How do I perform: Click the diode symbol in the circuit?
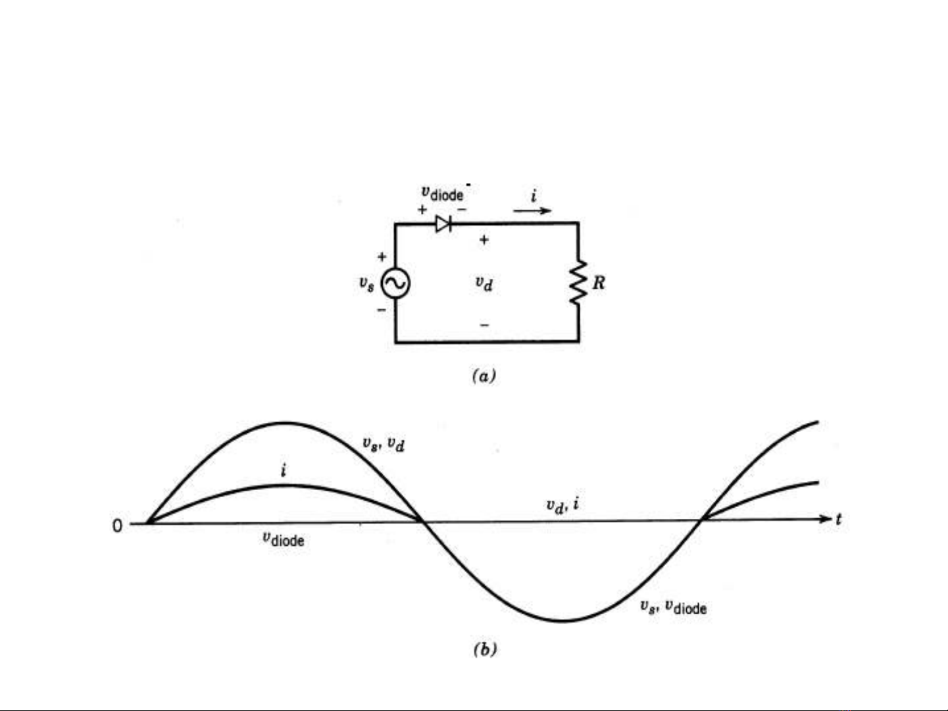click(x=443, y=224)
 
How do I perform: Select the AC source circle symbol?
click(x=395, y=283)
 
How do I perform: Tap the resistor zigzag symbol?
click(x=578, y=282)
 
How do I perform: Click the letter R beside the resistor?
click(x=599, y=283)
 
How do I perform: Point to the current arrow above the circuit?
click(x=532, y=210)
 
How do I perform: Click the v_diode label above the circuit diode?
click(x=443, y=193)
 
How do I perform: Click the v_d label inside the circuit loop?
click(x=484, y=283)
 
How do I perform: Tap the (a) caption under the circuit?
click(x=484, y=376)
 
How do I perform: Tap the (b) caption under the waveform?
click(x=485, y=649)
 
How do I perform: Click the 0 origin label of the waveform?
click(x=117, y=526)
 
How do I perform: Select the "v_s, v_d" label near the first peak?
click(x=384, y=444)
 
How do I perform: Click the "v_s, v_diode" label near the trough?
click(x=673, y=607)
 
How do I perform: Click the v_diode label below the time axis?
click(x=284, y=539)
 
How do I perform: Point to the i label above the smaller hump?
click(x=284, y=470)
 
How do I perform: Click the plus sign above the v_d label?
click(x=484, y=239)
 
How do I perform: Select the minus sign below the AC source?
click(x=382, y=310)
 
